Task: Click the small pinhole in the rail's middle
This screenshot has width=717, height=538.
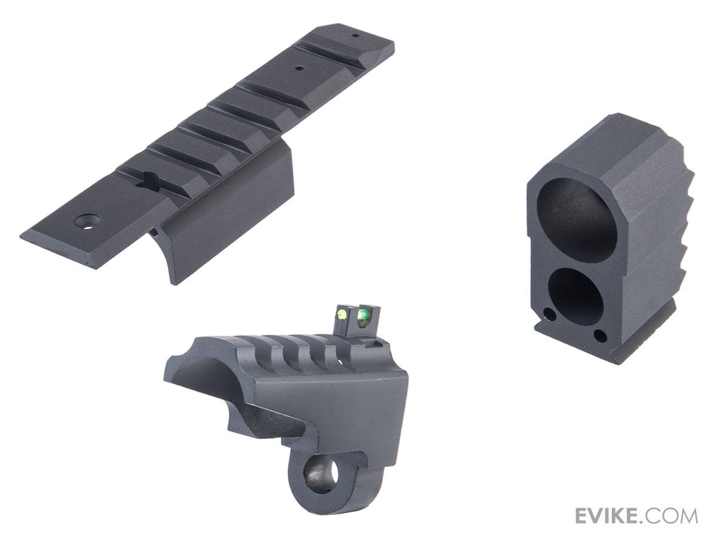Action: (x=299, y=69)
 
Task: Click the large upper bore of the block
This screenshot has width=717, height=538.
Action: (x=577, y=216)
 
